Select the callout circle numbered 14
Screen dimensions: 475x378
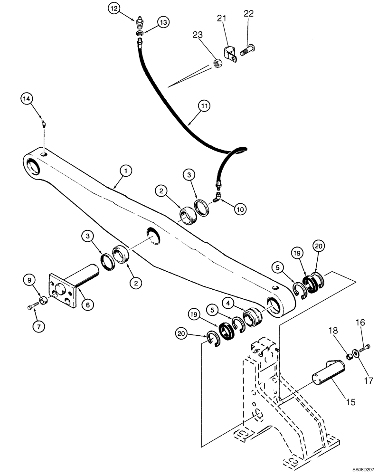point(27,99)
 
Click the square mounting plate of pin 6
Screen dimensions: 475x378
point(63,291)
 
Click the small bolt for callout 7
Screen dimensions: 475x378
point(33,307)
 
